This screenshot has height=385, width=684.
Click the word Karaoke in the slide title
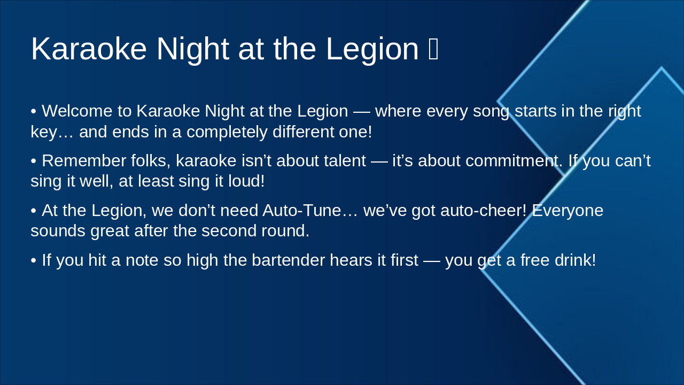tap(89, 49)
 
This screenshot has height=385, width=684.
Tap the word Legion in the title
tap(372, 49)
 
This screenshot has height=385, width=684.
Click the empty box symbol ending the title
tap(433, 49)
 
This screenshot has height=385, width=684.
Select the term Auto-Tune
tap(301, 211)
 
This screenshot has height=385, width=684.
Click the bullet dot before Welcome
tap(34, 112)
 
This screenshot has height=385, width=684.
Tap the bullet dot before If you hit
tap(34, 261)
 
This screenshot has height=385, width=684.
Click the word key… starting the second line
tap(52, 132)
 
